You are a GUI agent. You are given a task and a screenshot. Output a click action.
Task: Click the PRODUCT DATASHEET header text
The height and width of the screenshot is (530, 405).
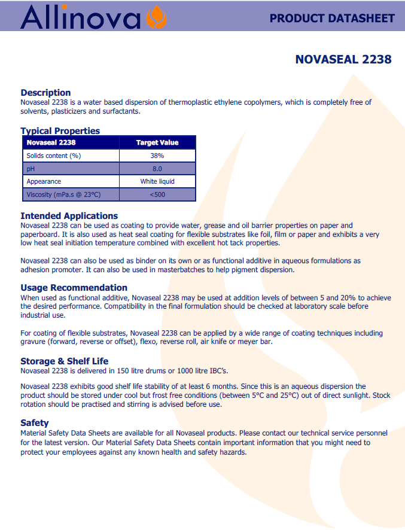(x=332, y=18)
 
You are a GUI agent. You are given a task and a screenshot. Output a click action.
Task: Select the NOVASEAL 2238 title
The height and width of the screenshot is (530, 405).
(x=343, y=59)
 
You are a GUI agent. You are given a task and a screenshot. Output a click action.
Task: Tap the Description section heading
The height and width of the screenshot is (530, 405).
(x=45, y=93)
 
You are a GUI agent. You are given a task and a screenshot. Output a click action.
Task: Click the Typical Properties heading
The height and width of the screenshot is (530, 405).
(x=60, y=131)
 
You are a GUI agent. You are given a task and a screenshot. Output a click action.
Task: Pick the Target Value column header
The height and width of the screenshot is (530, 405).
(x=157, y=142)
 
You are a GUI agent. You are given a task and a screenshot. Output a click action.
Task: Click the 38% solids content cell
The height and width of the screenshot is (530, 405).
(x=157, y=156)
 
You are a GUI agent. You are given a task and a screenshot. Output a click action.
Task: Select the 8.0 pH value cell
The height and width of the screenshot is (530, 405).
(x=157, y=169)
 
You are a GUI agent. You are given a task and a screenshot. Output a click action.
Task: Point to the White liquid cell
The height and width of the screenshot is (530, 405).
(x=157, y=181)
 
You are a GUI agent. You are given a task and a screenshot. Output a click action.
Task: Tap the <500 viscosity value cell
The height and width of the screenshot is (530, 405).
(x=157, y=194)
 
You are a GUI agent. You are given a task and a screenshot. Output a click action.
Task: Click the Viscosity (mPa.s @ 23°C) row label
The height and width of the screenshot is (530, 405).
(x=63, y=194)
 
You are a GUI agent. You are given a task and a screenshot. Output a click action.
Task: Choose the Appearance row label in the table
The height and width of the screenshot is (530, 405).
(x=44, y=181)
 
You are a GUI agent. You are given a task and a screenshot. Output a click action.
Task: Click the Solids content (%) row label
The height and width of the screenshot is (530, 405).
(x=53, y=156)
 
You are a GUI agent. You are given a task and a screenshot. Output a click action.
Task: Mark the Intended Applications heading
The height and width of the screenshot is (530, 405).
(x=69, y=216)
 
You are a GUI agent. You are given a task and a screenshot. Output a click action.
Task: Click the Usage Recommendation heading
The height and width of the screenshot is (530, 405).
(x=74, y=288)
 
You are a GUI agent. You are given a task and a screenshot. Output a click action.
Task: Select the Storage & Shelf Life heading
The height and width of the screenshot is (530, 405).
(x=65, y=361)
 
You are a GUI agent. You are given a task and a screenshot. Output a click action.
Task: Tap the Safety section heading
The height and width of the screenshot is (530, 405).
(x=35, y=423)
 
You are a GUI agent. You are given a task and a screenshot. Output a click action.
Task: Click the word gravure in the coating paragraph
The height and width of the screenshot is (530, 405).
(x=34, y=342)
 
